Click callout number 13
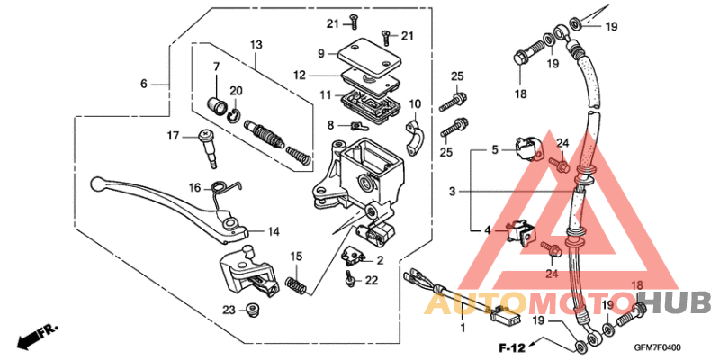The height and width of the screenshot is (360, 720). pyautogui.click(x=256, y=44)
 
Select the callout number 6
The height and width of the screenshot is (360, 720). pyautogui.click(x=143, y=84)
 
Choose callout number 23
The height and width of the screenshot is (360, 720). pyautogui.click(x=230, y=310)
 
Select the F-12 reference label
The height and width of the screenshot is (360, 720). pyautogui.click(x=512, y=346)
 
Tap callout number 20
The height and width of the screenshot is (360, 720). pyautogui.click(x=237, y=90)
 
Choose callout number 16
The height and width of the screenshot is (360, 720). pyautogui.click(x=194, y=187)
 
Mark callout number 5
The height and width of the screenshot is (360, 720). pyautogui.click(x=494, y=149)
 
